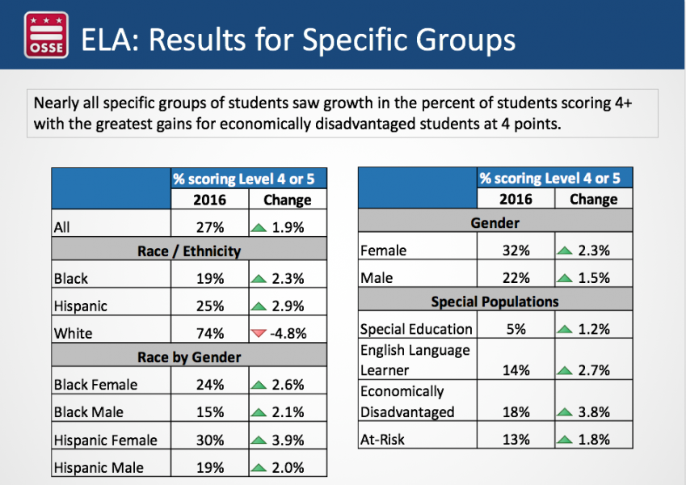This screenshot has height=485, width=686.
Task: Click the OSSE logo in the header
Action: click(46, 35)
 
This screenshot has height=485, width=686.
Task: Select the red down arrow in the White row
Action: click(259, 334)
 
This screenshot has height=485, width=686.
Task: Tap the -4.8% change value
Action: click(288, 334)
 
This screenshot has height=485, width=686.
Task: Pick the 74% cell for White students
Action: click(210, 334)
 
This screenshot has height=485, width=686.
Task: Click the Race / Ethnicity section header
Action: click(189, 251)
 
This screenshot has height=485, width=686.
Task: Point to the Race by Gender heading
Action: click(189, 357)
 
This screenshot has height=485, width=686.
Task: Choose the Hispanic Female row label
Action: click(105, 440)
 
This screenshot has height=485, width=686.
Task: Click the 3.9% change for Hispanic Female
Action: click(288, 440)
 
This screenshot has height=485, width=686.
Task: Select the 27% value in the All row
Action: click(210, 227)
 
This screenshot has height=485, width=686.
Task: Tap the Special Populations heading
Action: click(495, 302)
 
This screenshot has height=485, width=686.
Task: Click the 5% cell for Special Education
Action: click(516, 329)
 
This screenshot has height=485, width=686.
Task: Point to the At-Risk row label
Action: click(382, 439)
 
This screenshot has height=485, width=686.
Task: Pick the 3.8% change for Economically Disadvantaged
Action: click(594, 412)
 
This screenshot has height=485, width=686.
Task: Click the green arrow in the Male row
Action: click(565, 278)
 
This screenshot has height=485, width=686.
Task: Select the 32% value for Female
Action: click(516, 251)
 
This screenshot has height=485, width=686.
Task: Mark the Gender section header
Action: click(495, 223)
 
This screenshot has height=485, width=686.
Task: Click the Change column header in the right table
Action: click(594, 199)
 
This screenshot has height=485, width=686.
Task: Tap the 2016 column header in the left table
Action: click(209, 200)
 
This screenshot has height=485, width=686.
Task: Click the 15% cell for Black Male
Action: click(210, 412)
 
